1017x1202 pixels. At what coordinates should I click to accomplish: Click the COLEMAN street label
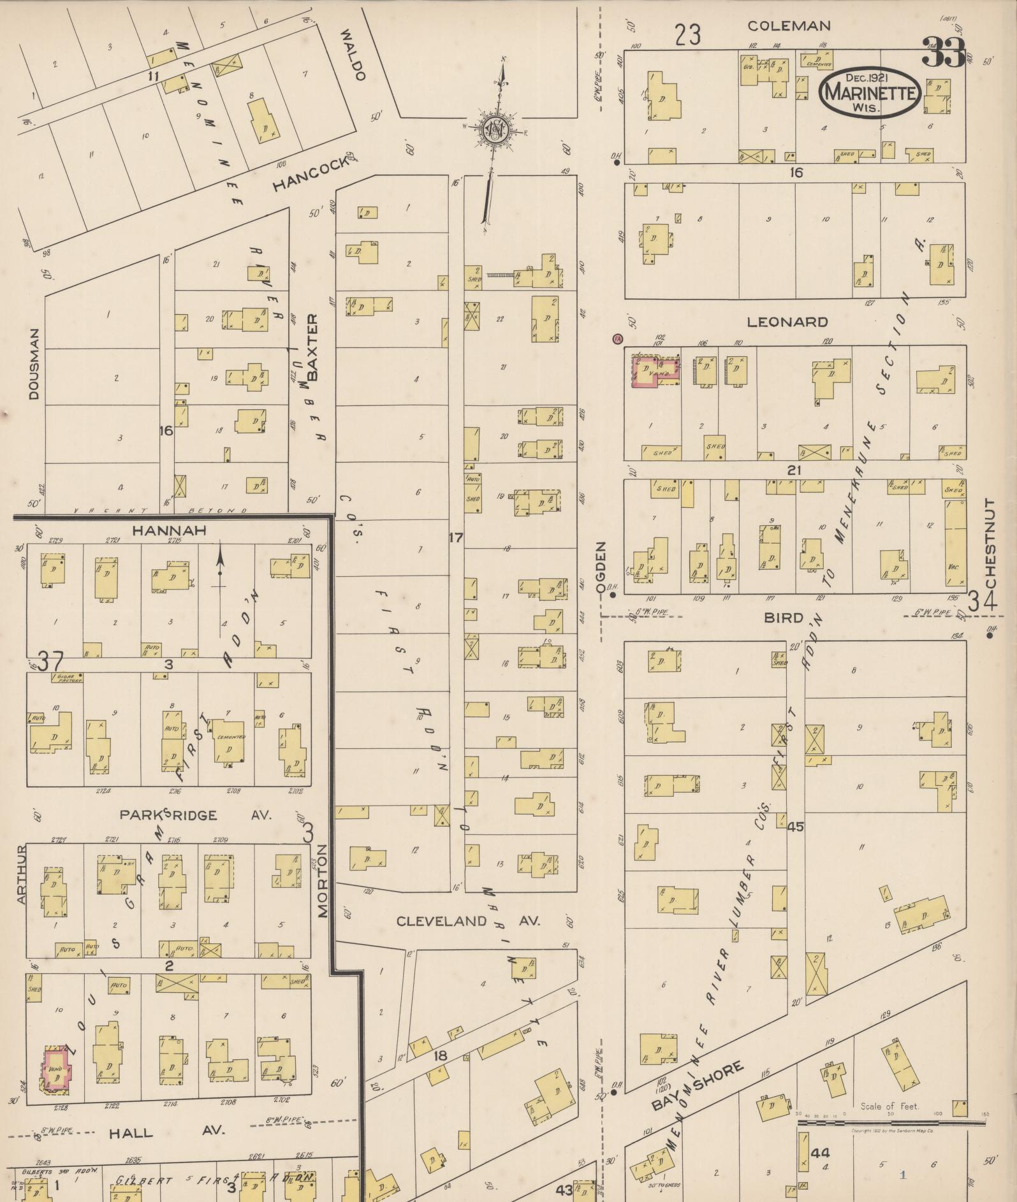789,26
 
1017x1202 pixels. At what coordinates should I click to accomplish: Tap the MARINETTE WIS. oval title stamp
870,93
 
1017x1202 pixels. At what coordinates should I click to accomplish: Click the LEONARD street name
787,322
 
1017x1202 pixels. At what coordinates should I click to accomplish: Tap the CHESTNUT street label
990,543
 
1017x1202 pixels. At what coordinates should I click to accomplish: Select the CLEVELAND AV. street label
468,921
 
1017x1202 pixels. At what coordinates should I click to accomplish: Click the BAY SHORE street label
698,1086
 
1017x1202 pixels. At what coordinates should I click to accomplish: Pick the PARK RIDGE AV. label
195,815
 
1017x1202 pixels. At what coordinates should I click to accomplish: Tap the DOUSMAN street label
34,364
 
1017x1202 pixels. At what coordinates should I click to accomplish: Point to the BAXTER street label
312,347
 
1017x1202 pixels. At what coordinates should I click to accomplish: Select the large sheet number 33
944,53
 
